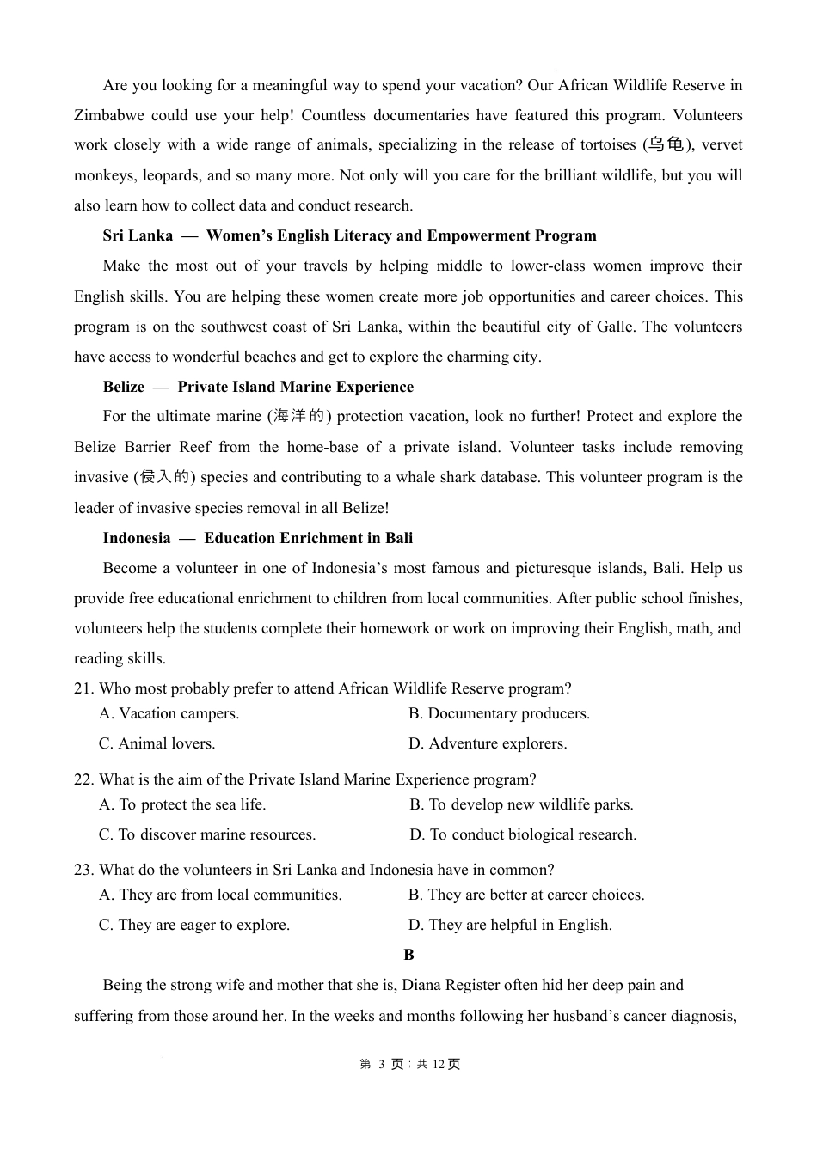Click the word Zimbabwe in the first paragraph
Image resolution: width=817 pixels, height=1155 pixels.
(108, 115)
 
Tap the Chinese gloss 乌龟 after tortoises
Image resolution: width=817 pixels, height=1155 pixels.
(666, 145)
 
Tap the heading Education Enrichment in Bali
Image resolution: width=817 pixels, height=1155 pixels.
(308, 538)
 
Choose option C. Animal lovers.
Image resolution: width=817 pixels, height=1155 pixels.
(157, 743)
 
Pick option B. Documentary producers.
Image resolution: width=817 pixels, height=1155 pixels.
(500, 713)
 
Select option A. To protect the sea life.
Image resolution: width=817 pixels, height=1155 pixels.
(182, 804)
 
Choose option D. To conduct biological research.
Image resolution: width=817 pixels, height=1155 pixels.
(523, 834)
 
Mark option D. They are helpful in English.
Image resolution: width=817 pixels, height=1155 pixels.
(510, 925)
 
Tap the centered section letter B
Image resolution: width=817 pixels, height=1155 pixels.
(408, 955)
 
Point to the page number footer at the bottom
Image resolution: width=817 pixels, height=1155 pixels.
(409, 1064)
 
